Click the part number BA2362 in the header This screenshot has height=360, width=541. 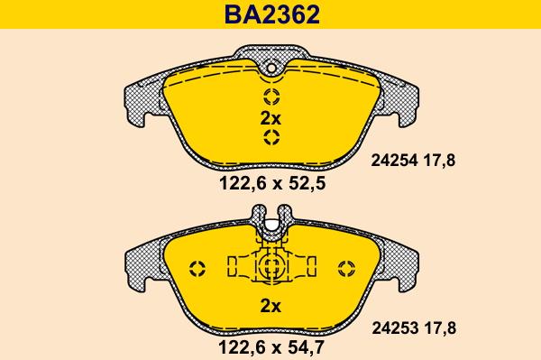point(272,14)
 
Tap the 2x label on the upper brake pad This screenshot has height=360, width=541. point(270,119)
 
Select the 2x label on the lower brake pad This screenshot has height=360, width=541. point(270,306)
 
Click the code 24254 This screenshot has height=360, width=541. point(394,161)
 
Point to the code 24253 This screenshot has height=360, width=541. point(395,328)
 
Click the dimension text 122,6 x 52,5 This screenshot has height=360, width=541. point(272,183)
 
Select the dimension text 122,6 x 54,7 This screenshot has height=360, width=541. point(271,347)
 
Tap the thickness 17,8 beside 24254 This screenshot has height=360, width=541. point(439,161)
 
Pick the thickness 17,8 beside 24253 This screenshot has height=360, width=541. point(440,328)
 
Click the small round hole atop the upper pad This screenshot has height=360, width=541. point(271,68)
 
